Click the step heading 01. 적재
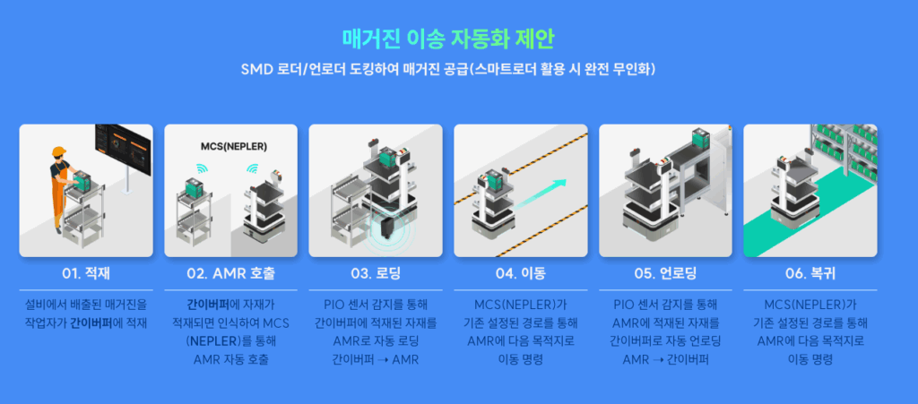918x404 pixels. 85,272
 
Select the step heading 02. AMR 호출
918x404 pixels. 230,272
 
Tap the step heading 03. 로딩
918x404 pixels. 375,272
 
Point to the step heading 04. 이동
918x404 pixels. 520,272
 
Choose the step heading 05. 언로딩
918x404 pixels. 664,272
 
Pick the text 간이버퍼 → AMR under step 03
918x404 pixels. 375,359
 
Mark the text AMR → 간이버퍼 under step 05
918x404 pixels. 664,359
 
